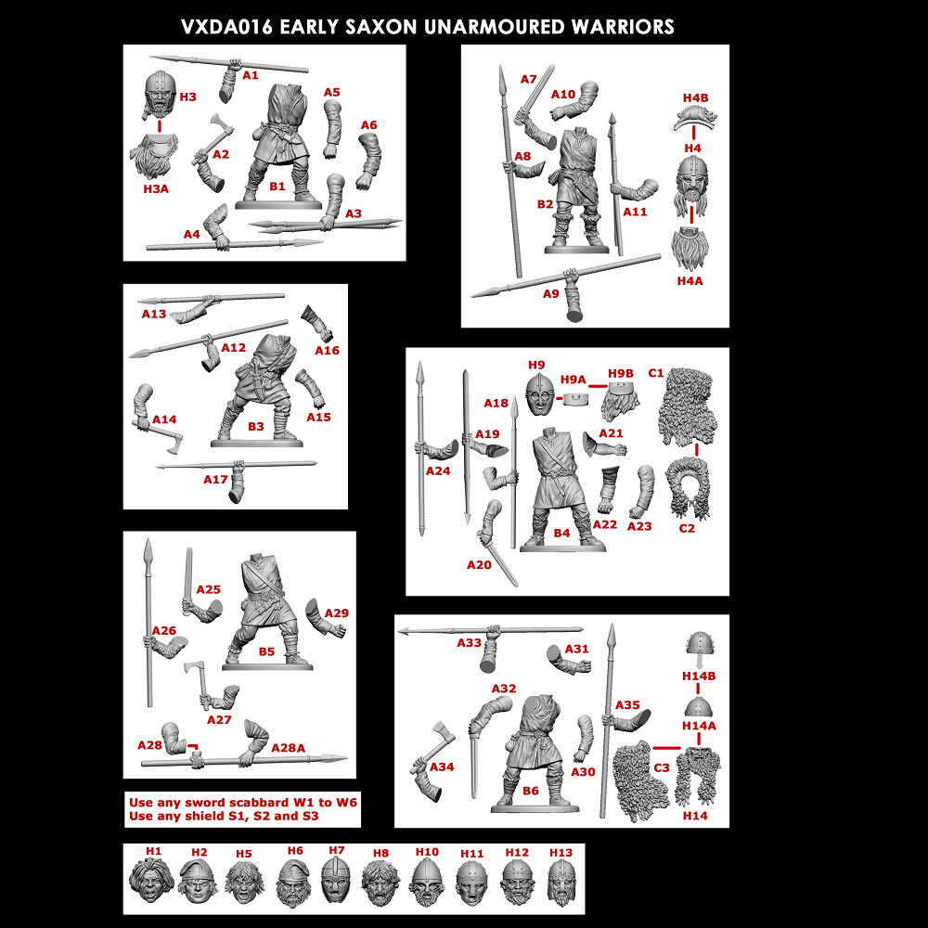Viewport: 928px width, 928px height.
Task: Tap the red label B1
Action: point(277,187)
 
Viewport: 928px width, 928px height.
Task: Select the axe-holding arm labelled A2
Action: point(209,139)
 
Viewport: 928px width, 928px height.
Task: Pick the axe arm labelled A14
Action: point(152,415)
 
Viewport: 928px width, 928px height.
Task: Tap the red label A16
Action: point(327,350)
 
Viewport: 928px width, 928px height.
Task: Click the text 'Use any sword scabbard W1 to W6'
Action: point(243,802)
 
